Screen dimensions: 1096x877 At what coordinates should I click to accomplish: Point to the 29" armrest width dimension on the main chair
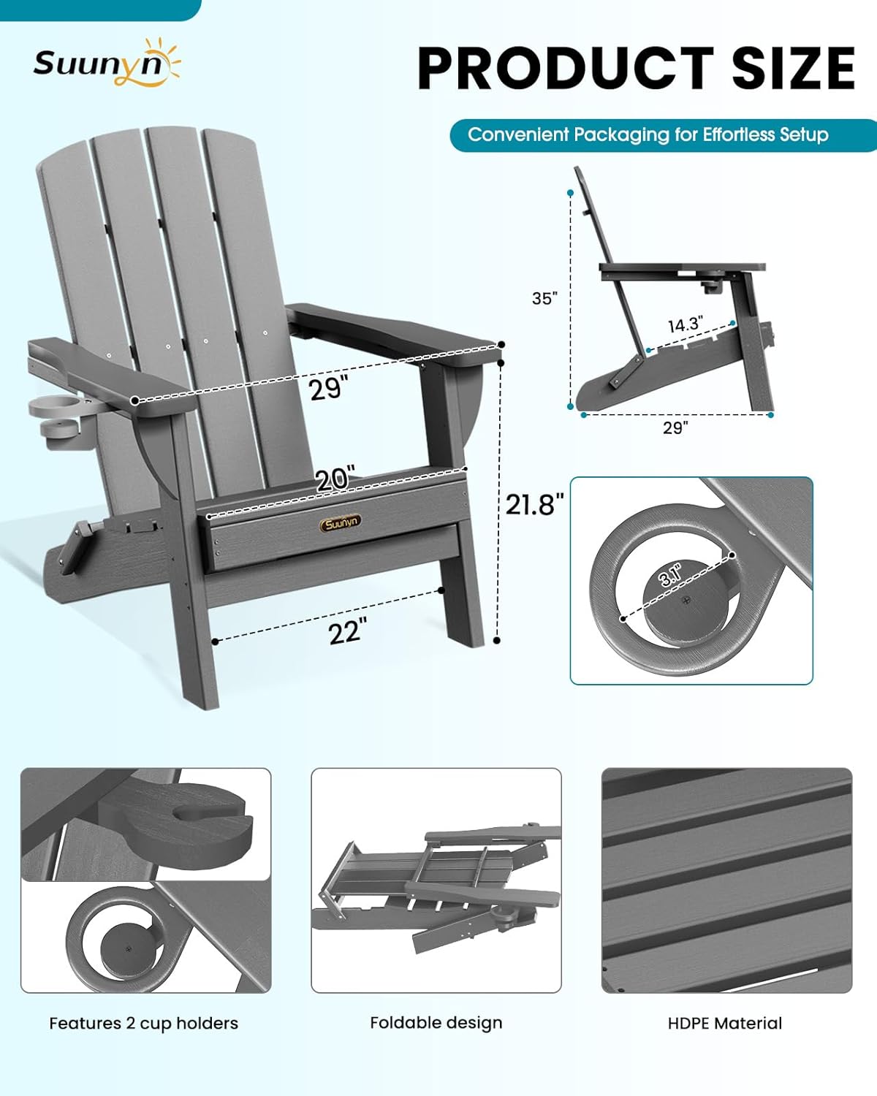coord(326,388)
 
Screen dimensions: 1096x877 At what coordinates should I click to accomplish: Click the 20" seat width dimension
coord(335,479)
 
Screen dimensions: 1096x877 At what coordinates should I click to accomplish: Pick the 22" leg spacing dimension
coord(347,631)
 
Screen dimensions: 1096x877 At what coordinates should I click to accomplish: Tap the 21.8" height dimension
coord(535,504)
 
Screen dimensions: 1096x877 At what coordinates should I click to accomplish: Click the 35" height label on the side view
coord(544,298)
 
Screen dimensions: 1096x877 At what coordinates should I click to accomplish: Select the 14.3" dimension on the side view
coord(685,324)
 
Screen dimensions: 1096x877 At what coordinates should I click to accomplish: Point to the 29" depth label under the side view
coord(675,427)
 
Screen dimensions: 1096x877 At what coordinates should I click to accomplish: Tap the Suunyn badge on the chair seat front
coord(340,522)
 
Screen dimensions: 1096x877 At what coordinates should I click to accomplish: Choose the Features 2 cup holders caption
coord(143,1023)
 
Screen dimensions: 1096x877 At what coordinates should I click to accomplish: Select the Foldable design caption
coord(436,1022)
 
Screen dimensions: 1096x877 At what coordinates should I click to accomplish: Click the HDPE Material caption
coord(725,1023)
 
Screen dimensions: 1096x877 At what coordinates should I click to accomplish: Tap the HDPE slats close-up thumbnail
coord(726,880)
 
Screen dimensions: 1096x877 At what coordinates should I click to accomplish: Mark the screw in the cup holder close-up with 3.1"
coord(685,601)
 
